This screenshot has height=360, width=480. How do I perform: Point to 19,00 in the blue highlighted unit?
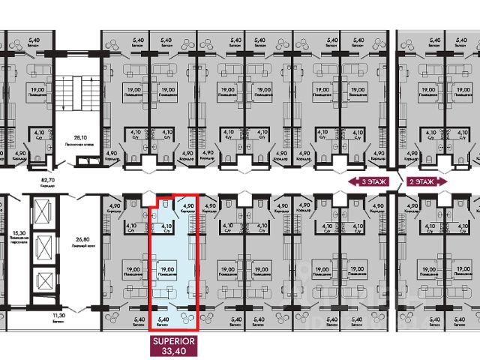[168, 269]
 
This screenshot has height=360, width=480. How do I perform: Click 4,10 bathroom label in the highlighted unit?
[167, 225]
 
